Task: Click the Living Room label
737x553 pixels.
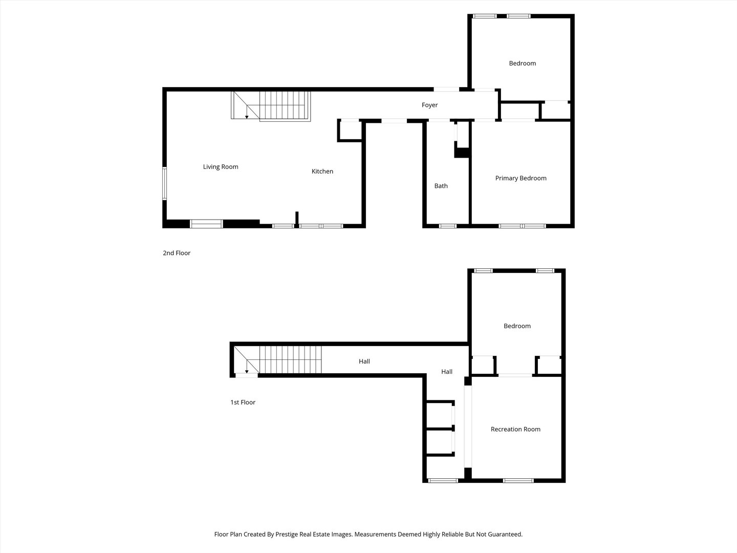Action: [x=221, y=167]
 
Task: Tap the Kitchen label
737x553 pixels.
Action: [x=322, y=171]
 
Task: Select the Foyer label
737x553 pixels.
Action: [x=430, y=105]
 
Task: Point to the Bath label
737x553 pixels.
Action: [x=441, y=186]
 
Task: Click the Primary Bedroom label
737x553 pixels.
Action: [x=521, y=178]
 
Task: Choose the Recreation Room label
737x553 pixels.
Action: [x=515, y=429]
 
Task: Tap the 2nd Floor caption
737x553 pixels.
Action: [x=177, y=253]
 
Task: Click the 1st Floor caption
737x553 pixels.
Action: [x=243, y=402]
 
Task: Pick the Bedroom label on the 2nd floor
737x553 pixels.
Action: [x=523, y=63]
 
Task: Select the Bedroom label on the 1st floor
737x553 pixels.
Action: [x=517, y=326]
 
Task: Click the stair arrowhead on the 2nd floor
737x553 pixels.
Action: [x=247, y=117]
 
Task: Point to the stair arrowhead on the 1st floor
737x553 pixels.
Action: [x=247, y=372]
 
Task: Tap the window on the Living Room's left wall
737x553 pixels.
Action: [x=164, y=184]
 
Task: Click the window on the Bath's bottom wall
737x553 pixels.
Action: [x=448, y=226]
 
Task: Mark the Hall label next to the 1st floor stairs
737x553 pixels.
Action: [x=364, y=361]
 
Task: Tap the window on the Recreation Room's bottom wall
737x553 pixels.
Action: [x=518, y=480]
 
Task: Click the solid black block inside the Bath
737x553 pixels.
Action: [x=462, y=153]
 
